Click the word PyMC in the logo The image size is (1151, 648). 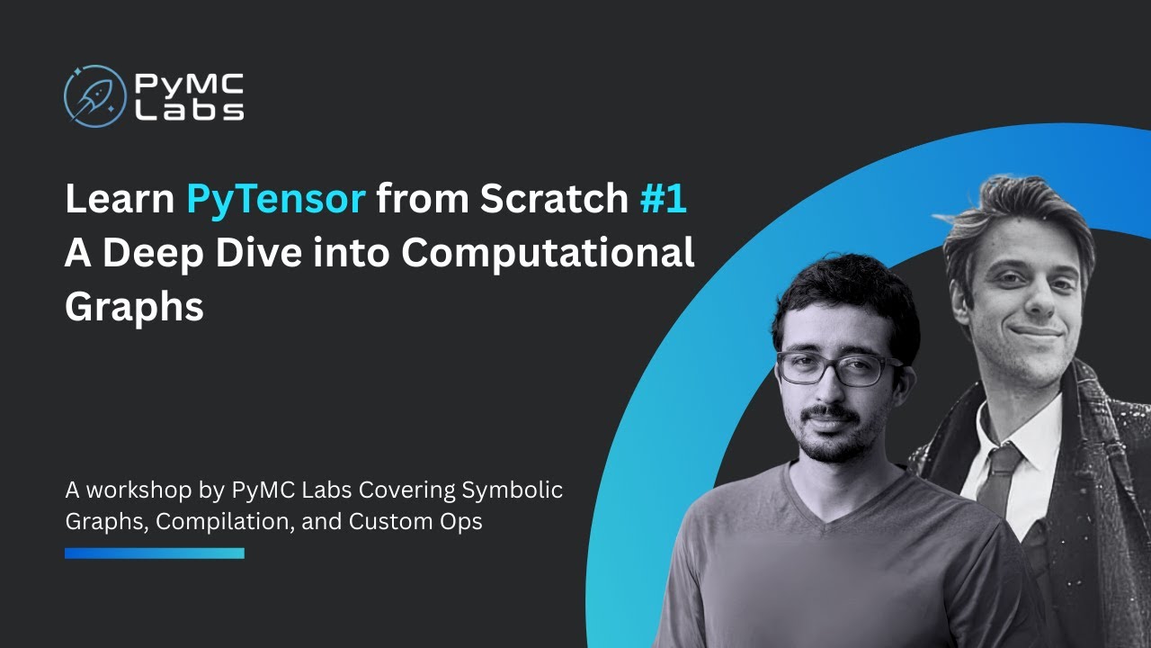coord(188,84)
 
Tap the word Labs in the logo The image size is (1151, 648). coord(188,110)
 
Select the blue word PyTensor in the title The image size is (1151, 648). coord(275,199)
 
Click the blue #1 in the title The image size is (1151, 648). coord(663,199)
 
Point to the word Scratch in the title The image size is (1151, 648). coord(553,199)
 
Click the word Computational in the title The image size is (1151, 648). coord(548,253)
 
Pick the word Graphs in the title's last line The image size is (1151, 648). coord(134,307)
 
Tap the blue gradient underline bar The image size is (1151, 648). coord(154,553)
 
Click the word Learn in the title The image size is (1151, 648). coord(119,199)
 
